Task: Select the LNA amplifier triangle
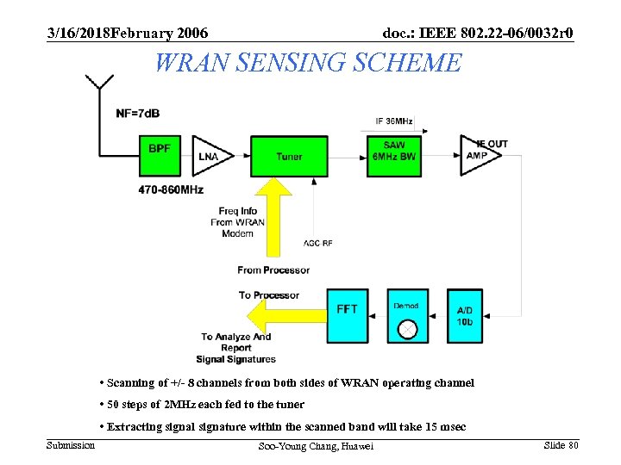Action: (210, 156)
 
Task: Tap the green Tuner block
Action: (289, 156)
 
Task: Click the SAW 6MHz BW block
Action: (393, 156)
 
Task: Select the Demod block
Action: (407, 315)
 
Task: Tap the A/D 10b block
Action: (464, 315)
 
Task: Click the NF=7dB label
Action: (137, 114)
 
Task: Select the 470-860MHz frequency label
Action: (170, 189)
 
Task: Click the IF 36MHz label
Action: (394, 121)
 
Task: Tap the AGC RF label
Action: (318, 243)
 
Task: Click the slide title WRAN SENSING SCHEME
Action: (308, 63)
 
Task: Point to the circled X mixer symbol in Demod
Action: (407, 329)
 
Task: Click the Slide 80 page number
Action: (561, 444)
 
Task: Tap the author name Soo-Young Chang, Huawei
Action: (316, 446)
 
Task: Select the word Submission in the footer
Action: (71, 444)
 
